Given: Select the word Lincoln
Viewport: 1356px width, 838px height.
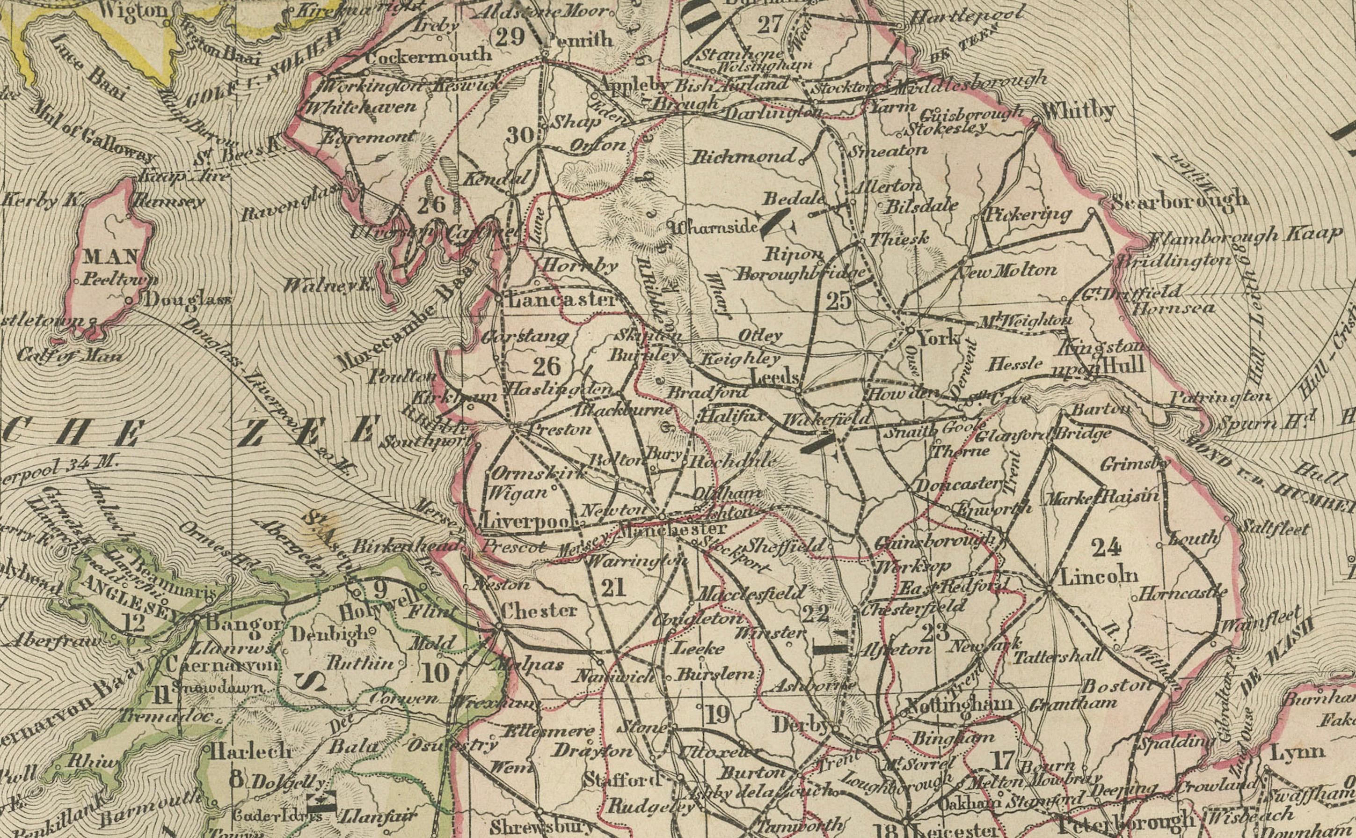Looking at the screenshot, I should tap(1099, 576).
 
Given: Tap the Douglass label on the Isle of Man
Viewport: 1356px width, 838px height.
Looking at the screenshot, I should tap(187, 301).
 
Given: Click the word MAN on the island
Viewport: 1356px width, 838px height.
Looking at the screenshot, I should tap(111, 257).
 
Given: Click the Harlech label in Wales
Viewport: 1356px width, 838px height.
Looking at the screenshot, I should tap(251, 751).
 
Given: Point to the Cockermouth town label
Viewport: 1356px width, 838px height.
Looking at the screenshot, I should tap(429, 54).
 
